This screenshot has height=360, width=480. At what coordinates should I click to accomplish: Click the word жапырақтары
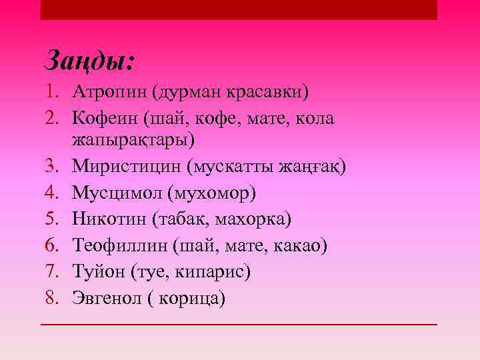(135, 140)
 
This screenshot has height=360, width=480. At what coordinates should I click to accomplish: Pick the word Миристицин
(127, 166)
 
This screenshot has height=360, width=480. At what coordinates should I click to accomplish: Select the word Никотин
(108, 219)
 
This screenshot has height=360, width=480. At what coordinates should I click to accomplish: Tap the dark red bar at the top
(239, 9)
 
